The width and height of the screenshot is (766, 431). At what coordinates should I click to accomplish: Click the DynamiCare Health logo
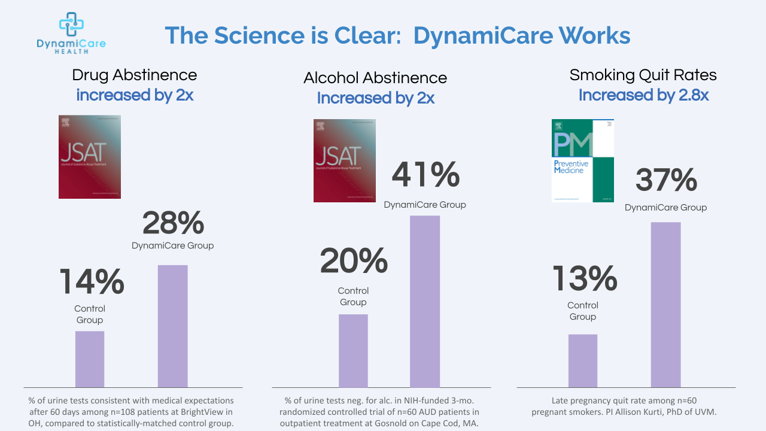pos(71,33)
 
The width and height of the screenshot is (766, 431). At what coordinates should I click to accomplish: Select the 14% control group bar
pos(90,359)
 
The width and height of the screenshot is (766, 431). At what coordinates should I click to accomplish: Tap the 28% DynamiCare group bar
pos(172,326)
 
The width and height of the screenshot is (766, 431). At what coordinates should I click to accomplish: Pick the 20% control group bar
pos(353,351)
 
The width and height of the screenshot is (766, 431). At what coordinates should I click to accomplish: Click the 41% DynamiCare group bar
pos(425,301)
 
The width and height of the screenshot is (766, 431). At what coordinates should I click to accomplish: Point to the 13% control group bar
pos(583,360)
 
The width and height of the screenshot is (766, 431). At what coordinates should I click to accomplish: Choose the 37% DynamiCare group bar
pos(665,305)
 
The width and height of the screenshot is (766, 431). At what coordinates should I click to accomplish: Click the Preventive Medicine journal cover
pos(582,160)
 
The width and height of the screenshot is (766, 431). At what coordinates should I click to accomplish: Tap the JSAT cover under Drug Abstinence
pos(90,157)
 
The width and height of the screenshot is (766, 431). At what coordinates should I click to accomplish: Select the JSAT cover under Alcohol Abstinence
pos(345,160)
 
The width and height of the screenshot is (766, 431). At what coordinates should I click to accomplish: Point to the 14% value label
pos(92,282)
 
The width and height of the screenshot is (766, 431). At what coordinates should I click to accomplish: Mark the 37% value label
pos(666,180)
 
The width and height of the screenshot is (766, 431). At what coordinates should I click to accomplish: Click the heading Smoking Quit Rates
pos(643,75)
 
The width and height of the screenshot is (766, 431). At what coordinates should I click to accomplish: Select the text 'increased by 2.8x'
pos(643,95)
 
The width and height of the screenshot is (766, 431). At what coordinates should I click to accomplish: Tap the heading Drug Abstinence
pos(134,75)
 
